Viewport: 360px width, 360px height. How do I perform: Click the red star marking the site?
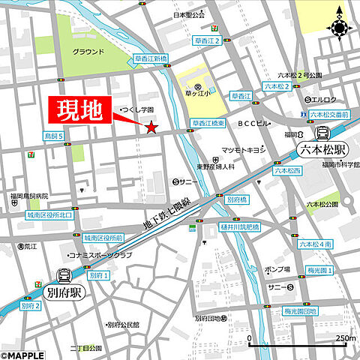(151, 128)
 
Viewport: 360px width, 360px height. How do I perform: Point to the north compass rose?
(340, 28)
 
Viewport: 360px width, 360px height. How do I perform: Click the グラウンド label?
(88, 52)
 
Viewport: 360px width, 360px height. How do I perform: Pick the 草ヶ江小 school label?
(197, 95)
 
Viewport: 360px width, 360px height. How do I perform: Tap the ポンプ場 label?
(277, 268)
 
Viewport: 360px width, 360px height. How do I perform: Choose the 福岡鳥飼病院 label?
(29, 199)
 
